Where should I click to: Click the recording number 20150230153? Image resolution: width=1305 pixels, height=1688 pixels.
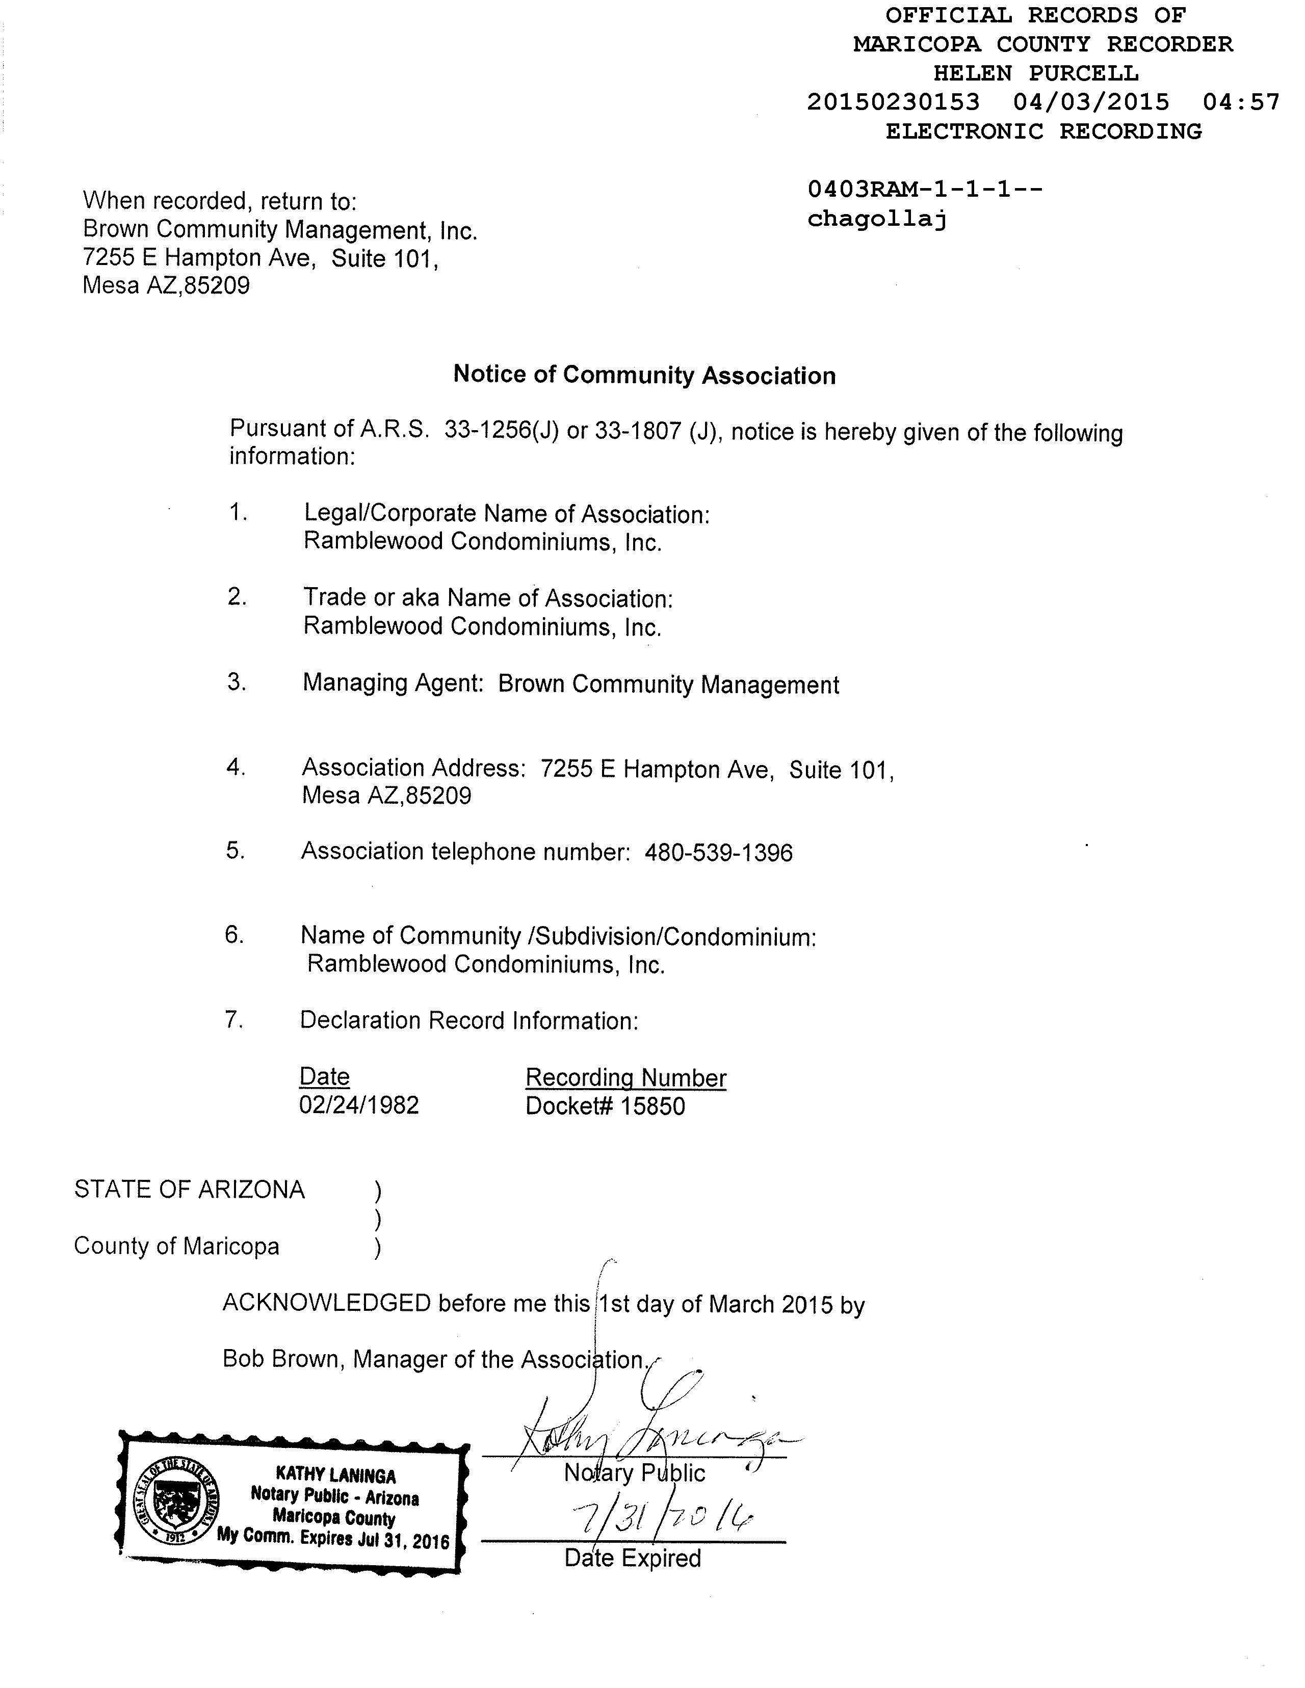coord(893,102)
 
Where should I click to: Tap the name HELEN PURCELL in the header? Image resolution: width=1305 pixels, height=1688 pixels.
coord(1035,73)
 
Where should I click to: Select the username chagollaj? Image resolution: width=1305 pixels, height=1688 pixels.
coord(877,220)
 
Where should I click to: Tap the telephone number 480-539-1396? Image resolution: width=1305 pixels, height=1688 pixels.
coord(719,853)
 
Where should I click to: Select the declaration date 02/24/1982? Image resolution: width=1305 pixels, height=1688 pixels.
coord(359,1105)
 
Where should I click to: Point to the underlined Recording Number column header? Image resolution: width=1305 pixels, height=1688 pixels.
coord(625,1077)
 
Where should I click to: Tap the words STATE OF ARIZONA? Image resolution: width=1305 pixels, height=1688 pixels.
coord(190,1190)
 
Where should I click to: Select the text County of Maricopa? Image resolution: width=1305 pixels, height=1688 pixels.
coord(176,1246)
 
